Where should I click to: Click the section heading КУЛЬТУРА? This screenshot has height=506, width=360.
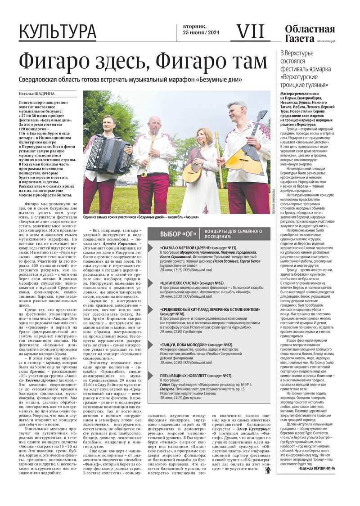pos(58,32)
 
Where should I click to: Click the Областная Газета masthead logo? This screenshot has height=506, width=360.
pos(310,34)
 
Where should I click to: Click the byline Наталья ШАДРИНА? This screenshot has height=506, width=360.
pos(36,94)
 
